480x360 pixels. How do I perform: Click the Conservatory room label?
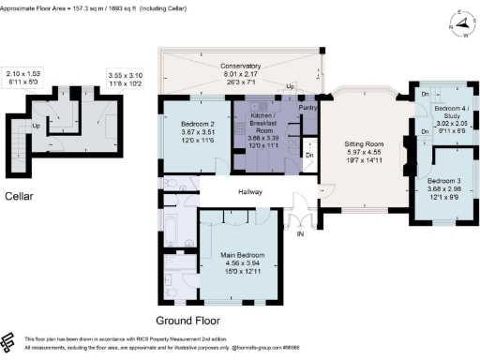click(x=241, y=66)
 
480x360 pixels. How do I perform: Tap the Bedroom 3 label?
click(x=443, y=180)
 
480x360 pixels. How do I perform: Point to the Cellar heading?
click(x=21, y=195)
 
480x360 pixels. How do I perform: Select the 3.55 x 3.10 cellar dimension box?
click(x=124, y=78)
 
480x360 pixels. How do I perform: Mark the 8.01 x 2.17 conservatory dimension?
click(x=241, y=75)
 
